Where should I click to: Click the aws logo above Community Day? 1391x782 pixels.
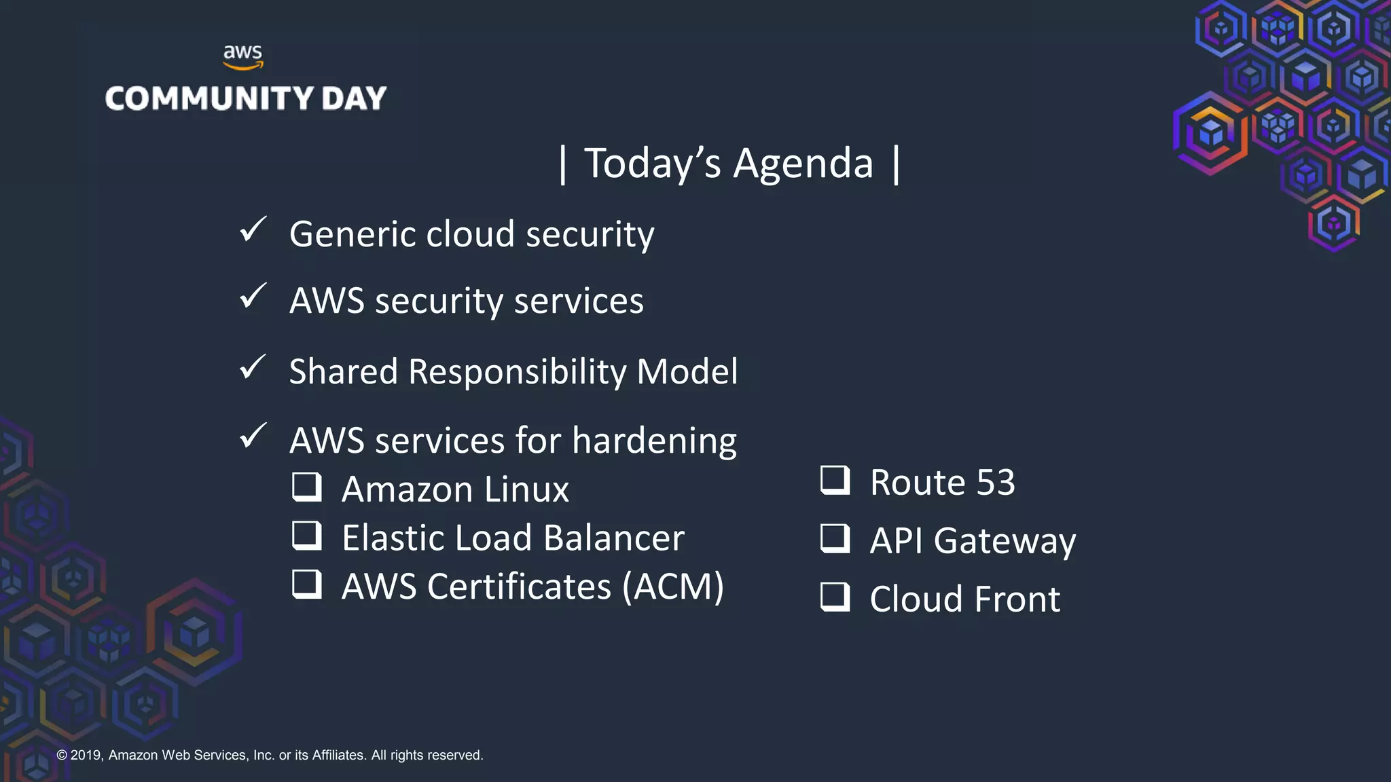(242, 56)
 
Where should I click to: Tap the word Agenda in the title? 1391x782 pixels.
(803, 164)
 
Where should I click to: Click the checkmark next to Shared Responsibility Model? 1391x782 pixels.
(253, 367)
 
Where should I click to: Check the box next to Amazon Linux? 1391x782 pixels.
(307, 487)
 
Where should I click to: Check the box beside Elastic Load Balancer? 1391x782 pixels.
(307, 535)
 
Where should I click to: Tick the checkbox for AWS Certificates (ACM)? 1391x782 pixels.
(307, 584)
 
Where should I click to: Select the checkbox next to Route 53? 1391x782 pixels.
(835, 480)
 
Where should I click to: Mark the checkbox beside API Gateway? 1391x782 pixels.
(835, 538)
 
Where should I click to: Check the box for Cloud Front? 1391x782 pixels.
(835, 597)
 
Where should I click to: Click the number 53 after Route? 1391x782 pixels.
(995, 483)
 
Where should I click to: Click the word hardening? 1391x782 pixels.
(654, 441)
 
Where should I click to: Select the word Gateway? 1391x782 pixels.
(1005, 542)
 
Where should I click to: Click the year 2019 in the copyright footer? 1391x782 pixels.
(86, 756)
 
